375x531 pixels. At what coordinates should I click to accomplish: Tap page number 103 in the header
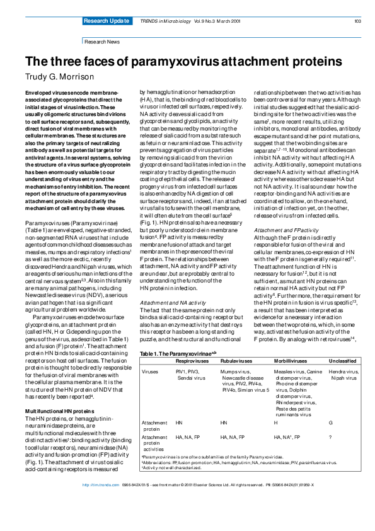pyautogui.click(x=357, y=21)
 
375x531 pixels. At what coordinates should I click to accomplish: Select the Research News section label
pyautogui.click(x=101, y=41)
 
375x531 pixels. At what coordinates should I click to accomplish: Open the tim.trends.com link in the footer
pyautogui.click(x=101, y=520)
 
